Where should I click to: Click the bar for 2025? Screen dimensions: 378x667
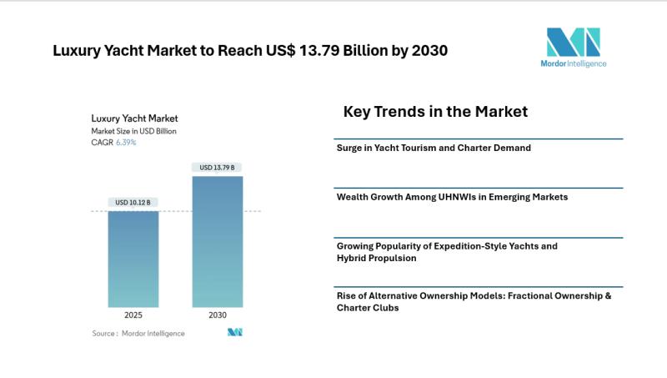click(x=133, y=259)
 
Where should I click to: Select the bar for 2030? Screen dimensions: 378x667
click(x=218, y=241)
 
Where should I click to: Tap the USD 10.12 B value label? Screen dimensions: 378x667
click(x=133, y=202)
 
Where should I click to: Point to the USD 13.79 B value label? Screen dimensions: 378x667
click(x=218, y=168)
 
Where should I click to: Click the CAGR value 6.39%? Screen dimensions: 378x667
click(x=127, y=143)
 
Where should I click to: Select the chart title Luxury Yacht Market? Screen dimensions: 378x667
click(x=134, y=118)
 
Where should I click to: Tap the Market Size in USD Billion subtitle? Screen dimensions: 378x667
click(x=133, y=131)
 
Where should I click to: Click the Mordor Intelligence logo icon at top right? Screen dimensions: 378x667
click(x=573, y=42)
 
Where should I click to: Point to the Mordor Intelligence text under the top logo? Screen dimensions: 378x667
click(x=573, y=63)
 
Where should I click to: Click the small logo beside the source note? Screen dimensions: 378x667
click(x=234, y=332)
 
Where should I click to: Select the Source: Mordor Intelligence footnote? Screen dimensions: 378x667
click(x=138, y=333)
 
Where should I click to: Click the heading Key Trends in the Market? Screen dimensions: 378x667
click(x=435, y=111)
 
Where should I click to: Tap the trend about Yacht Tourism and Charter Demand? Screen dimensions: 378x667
click(x=434, y=148)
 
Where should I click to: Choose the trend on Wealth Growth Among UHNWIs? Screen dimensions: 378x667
click(x=451, y=197)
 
